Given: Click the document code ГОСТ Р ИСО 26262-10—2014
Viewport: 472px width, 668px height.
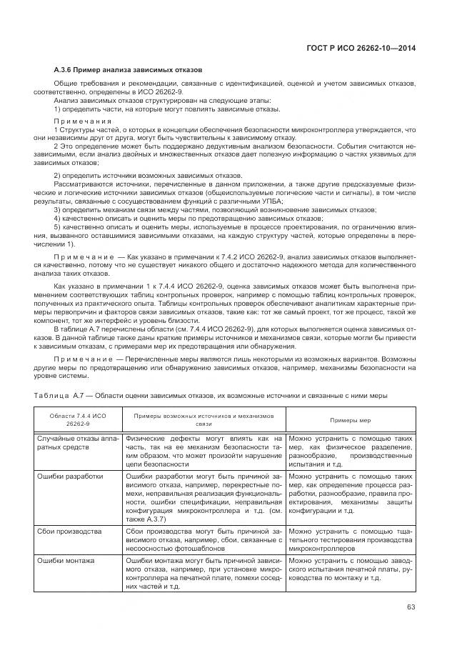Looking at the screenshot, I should click(358, 48).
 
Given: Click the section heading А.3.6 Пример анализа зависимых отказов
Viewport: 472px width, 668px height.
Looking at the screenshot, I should click(129, 69).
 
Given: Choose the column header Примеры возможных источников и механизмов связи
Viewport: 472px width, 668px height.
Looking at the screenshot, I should click(204, 420).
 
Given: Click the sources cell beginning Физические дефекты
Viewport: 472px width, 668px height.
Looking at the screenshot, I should click(204, 452).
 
